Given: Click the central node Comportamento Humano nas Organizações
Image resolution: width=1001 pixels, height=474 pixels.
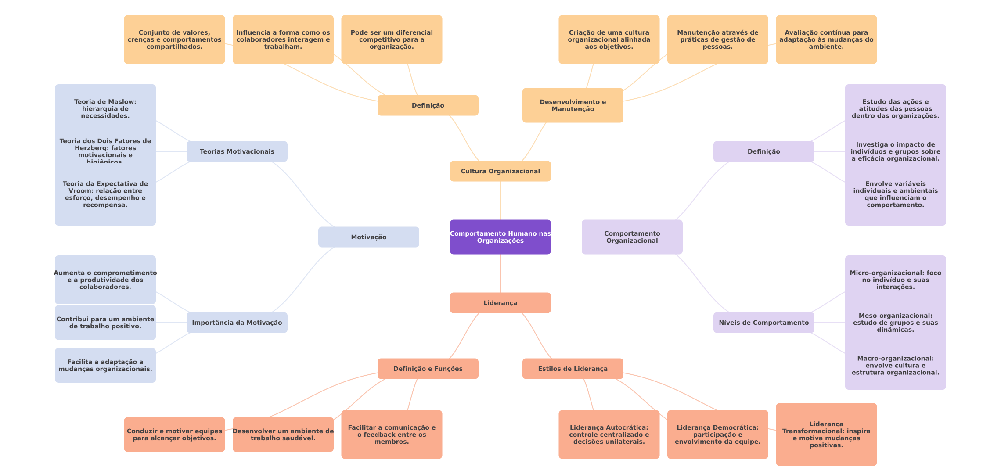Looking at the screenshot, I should click(x=500, y=237).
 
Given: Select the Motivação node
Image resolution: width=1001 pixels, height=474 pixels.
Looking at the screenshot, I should click(x=368, y=237).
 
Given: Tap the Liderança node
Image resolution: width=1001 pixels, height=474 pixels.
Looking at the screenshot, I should click(x=500, y=303).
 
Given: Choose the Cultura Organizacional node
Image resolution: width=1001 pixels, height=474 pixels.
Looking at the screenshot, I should click(x=500, y=171).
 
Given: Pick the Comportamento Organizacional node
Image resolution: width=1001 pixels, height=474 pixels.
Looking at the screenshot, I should click(x=632, y=237).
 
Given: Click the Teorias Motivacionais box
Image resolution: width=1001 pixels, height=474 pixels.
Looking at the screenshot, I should click(x=237, y=151).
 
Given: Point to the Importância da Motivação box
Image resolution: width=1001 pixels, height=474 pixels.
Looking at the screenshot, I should click(x=237, y=323).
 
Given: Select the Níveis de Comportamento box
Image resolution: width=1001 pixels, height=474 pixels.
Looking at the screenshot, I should click(x=763, y=323).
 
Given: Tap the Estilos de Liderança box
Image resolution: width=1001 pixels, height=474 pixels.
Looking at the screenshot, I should click(x=573, y=369).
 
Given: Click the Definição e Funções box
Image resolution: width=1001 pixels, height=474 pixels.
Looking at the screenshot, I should click(x=428, y=369).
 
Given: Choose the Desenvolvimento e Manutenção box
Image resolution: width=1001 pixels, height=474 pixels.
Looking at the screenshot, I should click(x=573, y=105).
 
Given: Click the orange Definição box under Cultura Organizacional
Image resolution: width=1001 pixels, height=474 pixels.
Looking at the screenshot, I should click(x=428, y=105).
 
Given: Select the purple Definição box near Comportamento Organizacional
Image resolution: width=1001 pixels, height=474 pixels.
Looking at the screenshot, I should click(x=763, y=151).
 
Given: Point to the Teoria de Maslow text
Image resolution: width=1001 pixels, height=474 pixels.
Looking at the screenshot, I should click(x=105, y=108).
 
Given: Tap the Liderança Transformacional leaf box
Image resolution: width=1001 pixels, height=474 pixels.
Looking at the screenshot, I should click(x=826, y=434).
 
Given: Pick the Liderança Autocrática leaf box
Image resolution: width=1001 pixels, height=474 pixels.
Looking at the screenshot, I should click(x=609, y=434).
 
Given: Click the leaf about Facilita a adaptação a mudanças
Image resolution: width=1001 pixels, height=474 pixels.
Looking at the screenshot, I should click(x=105, y=365).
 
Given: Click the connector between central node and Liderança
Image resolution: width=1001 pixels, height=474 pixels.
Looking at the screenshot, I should click(x=500, y=273).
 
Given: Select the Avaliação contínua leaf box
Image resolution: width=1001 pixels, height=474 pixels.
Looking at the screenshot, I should click(x=826, y=39).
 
